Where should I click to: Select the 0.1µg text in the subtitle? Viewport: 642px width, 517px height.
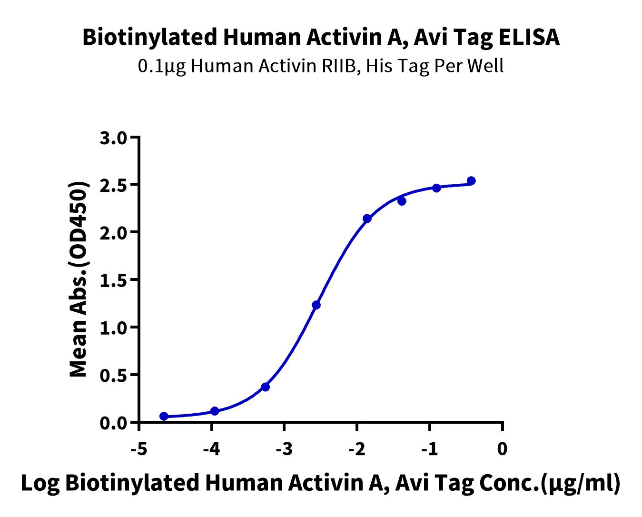(x=162, y=67)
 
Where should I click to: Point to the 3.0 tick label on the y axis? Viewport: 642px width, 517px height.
(x=113, y=138)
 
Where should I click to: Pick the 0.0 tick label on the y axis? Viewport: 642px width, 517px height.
(x=113, y=423)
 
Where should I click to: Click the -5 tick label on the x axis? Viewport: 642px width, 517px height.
(x=138, y=449)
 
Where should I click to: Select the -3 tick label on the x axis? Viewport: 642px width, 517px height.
(x=284, y=449)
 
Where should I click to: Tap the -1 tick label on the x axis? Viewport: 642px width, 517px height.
(x=429, y=449)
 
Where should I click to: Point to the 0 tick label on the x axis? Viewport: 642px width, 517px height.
(x=503, y=449)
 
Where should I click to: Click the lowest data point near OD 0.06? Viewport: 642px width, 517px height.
(x=164, y=416)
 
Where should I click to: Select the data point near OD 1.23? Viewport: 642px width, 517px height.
(x=316, y=305)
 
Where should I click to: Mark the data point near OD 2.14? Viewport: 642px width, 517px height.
(x=367, y=219)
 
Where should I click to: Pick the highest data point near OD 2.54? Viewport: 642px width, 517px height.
(x=471, y=180)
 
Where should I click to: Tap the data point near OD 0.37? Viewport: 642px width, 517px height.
(x=265, y=387)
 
